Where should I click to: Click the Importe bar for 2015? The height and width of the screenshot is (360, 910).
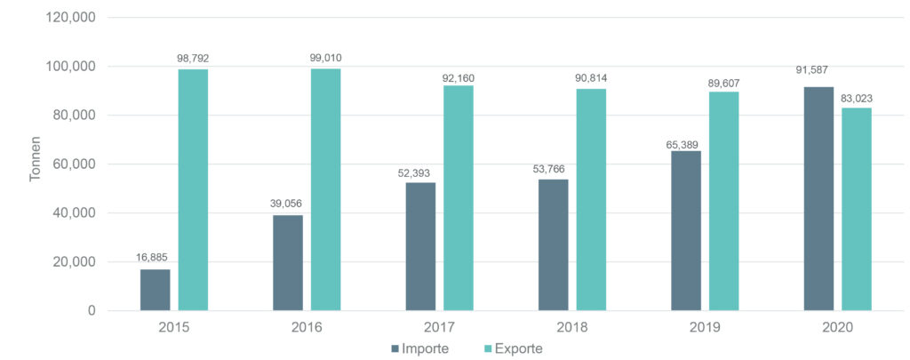(x=155, y=290)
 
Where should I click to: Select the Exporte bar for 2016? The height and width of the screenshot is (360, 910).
(x=325, y=189)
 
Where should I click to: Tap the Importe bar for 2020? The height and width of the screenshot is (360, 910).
(x=818, y=198)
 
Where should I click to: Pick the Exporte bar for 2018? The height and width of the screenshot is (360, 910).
(x=591, y=199)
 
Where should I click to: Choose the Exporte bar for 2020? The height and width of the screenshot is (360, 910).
(x=857, y=209)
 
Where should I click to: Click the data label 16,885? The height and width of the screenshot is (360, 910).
(x=152, y=259)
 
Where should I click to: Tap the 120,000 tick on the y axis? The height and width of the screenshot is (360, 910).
(x=70, y=18)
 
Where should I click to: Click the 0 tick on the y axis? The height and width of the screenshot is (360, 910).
(x=92, y=311)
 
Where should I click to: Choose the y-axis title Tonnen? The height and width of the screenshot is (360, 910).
(x=36, y=164)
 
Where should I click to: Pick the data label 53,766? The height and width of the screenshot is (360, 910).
(x=553, y=167)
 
